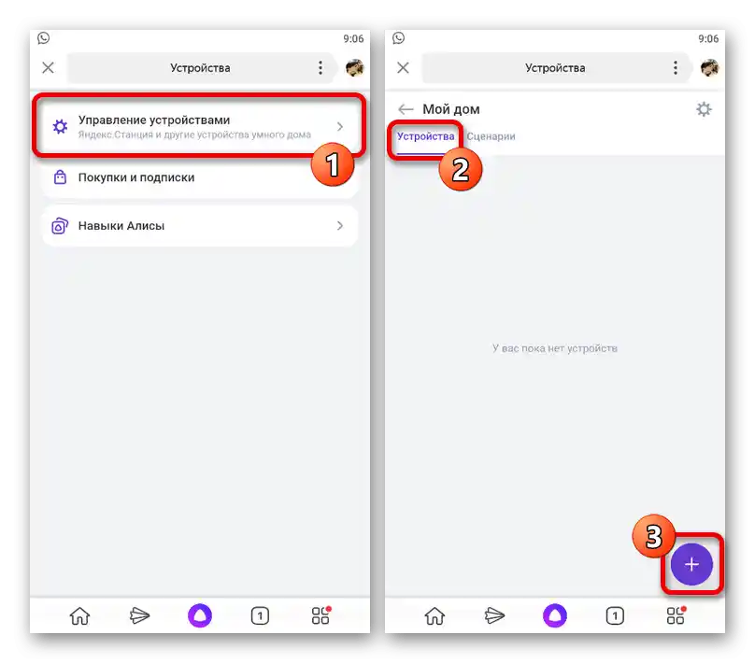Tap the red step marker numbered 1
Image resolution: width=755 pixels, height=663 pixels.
tap(333, 164)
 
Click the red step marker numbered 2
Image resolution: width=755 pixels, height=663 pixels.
tap(461, 169)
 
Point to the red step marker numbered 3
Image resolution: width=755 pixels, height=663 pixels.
tap(653, 536)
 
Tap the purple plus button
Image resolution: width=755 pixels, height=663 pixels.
tap(691, 564)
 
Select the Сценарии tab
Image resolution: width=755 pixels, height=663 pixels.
tap(491, 136)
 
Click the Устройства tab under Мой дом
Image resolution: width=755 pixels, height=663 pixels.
tap(426, 136)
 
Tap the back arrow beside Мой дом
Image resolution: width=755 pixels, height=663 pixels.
tap(406, 109)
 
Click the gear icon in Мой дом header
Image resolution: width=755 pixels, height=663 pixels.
tap(704, 109)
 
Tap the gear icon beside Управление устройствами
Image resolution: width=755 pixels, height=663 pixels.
tap(60, 127)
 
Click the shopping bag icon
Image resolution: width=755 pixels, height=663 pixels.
tap(60, 177)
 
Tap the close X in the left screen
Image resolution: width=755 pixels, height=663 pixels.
tap(49, 68)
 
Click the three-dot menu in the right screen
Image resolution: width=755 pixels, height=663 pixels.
tap(675, 68)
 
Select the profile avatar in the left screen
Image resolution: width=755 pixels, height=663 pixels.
tap(355, 68)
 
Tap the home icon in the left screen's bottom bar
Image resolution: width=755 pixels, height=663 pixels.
tap(79, 616)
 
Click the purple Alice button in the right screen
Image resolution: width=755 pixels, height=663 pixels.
tap(555, 615)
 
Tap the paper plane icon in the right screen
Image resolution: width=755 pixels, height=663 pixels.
tap(494, 615)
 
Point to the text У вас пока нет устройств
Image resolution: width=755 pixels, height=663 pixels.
tap(555, 348)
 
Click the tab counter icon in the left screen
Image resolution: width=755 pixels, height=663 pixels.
tap(260, 616)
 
